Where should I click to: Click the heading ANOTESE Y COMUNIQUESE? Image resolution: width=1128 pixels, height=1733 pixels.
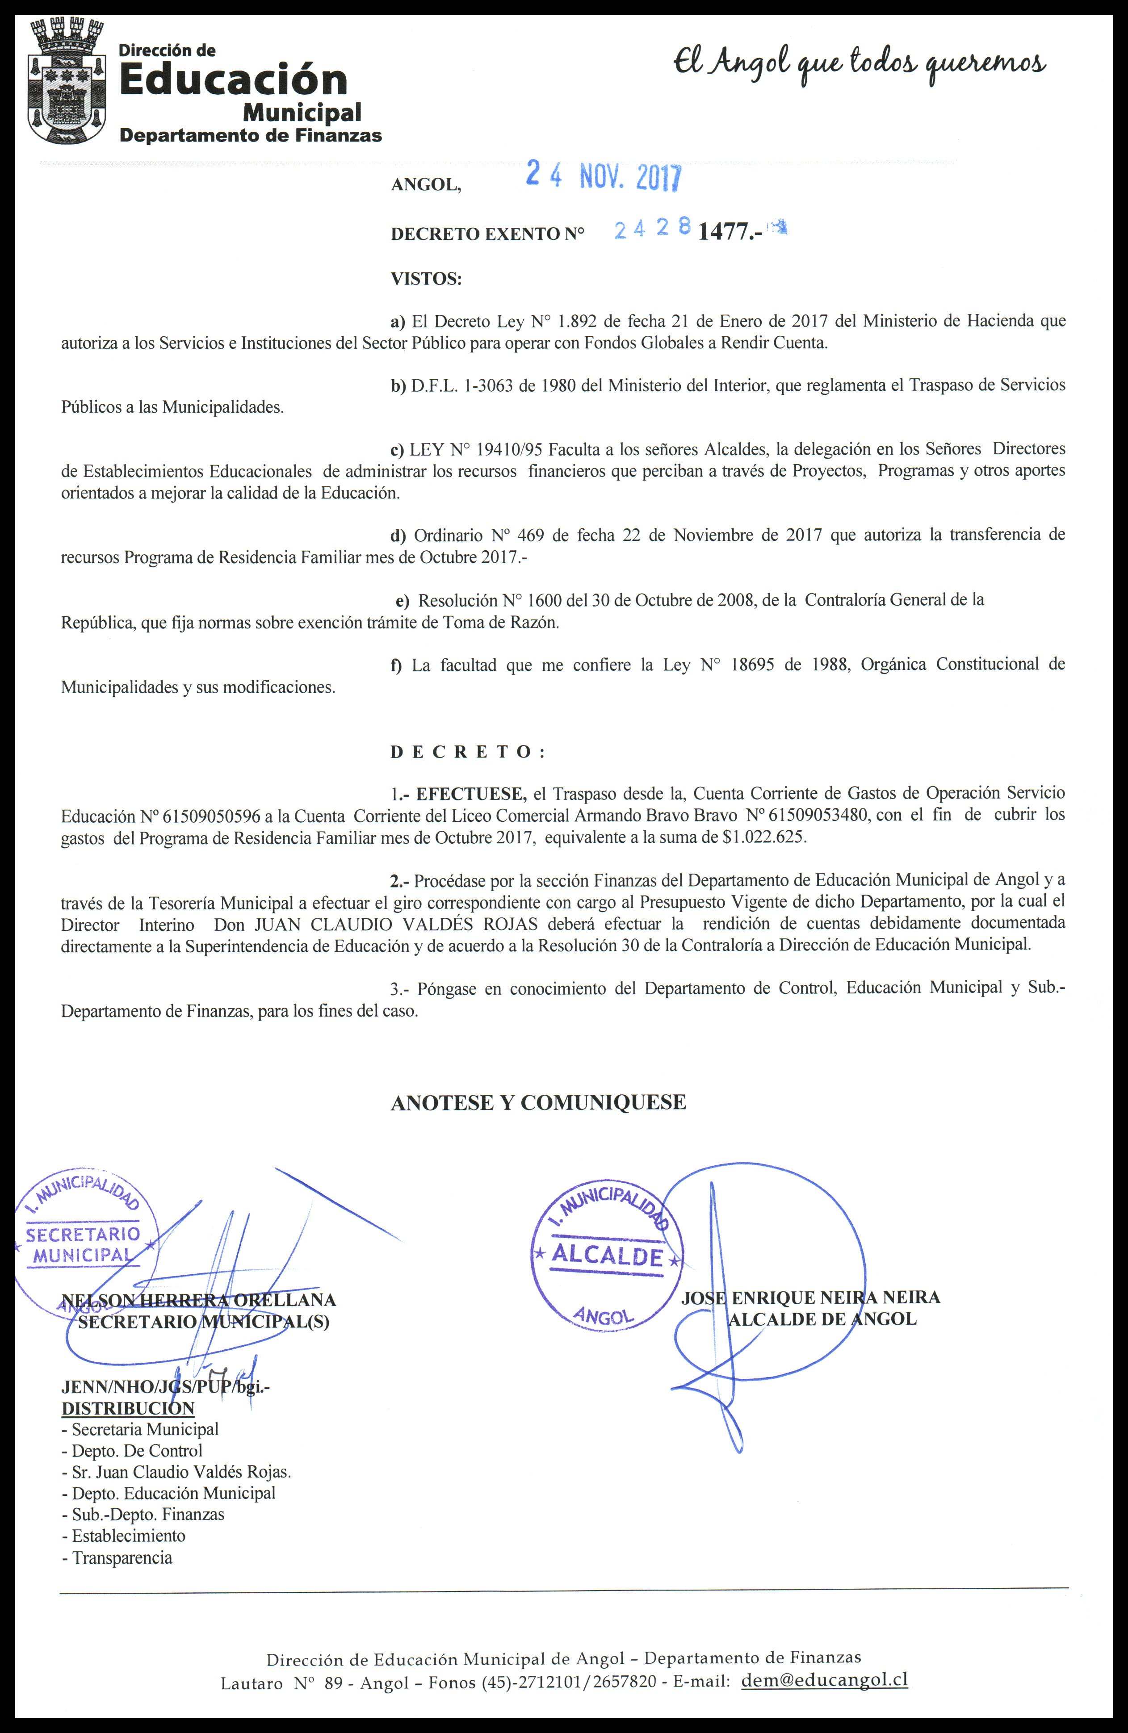click(x=538, y=1102)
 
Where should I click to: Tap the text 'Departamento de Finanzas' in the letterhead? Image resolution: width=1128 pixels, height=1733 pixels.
click(x=251, y=135)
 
